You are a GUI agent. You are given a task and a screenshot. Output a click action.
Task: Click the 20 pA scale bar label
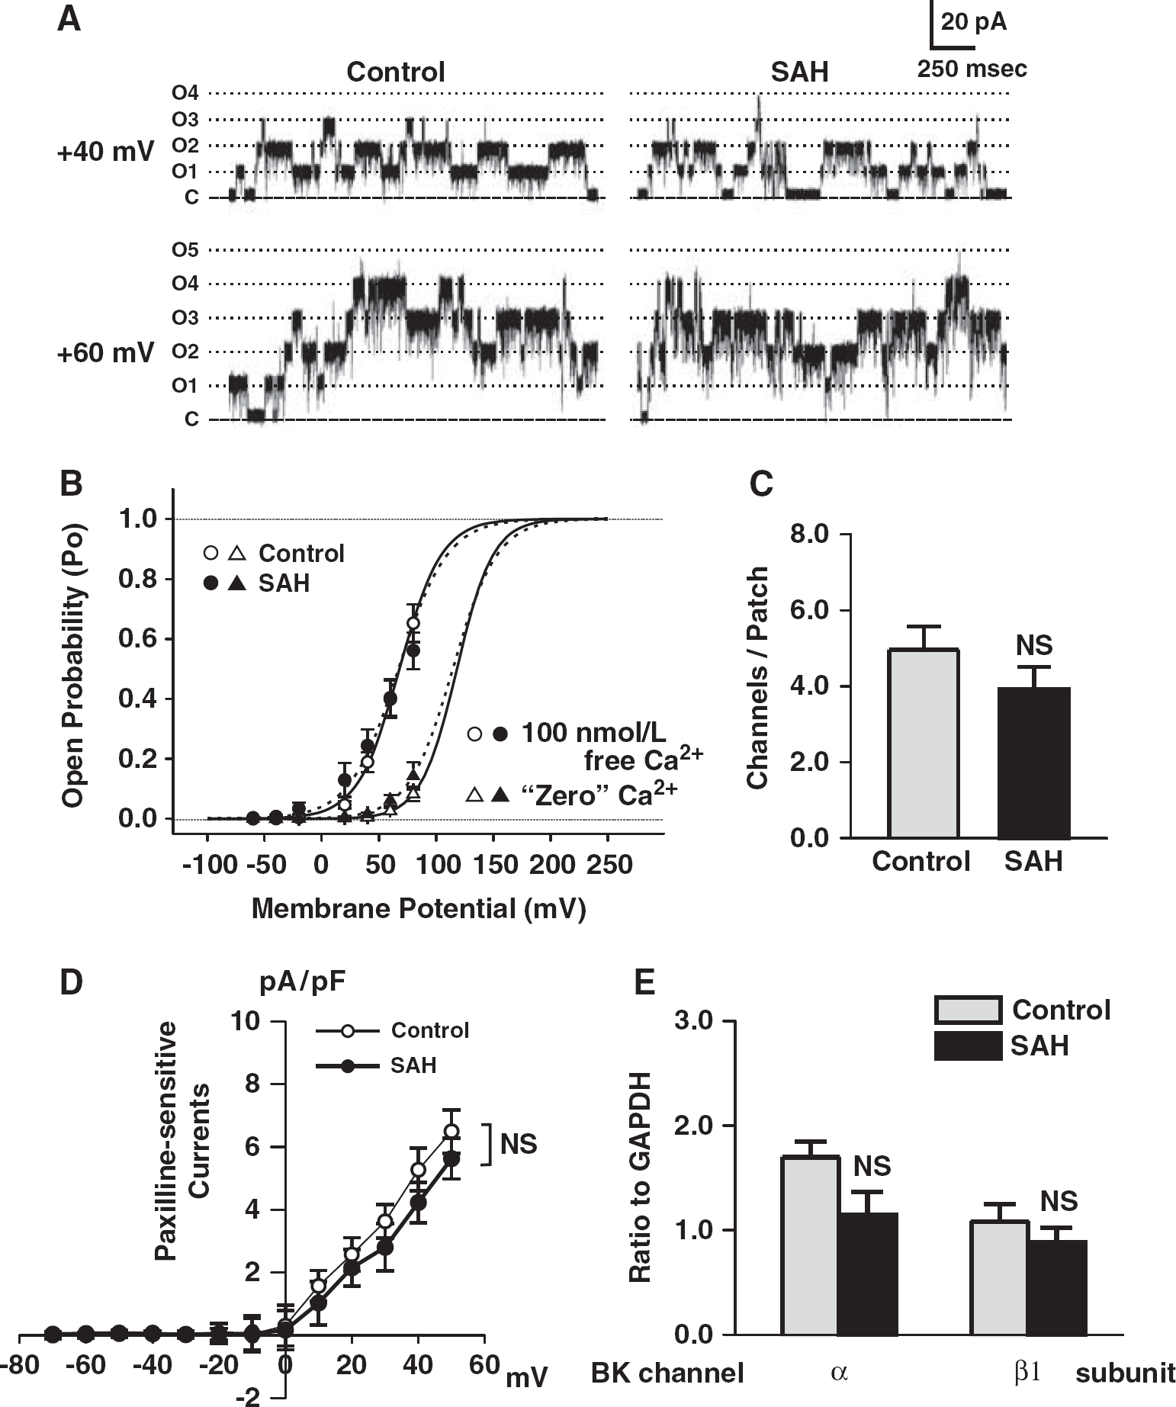[x=973, y=22]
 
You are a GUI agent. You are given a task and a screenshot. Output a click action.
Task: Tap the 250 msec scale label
[x=972, y=69]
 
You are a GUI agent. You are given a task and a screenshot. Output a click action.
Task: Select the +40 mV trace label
[x=105, y=153]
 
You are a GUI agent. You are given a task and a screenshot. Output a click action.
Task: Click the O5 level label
[x=185, y=250]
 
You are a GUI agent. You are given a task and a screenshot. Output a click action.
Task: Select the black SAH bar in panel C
[x=1034, y=763]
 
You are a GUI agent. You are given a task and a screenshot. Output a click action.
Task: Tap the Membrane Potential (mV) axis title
[x=418, y=908]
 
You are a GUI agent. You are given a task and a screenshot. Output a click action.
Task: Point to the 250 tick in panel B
[x=608, y=865]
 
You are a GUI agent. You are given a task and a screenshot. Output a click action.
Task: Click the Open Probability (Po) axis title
[x=73, y=665]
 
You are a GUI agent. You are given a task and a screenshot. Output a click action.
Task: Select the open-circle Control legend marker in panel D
[x=348, y=1031]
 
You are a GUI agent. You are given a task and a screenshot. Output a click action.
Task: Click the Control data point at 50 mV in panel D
[x=451, y=1130]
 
